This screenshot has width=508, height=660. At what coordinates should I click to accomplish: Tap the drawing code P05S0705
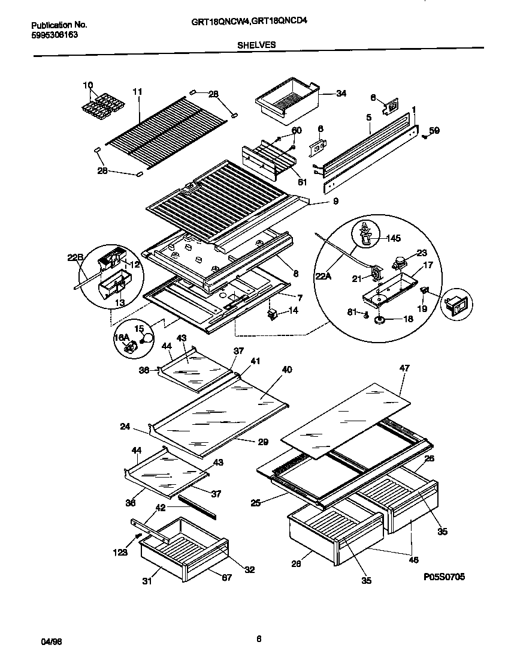(x=443, y=577)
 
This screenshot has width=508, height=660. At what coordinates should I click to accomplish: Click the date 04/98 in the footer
(x=51, y=641)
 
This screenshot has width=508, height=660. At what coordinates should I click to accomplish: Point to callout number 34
(x=341, y=94)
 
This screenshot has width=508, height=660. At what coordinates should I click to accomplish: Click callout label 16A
(x=122, y=338)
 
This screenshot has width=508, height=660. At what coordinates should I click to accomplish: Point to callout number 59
(x=434, y=130)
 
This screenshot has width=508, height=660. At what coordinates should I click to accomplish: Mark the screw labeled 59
(x=424, y=136)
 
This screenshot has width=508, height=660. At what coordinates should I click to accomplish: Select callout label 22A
(x=323, y=277)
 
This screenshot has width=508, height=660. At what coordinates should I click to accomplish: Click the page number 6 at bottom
(x=259, y=639)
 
